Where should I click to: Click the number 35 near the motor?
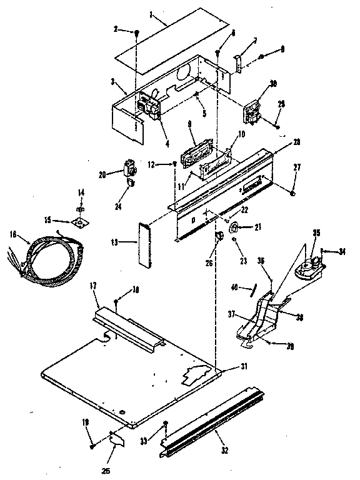[x=316, y=233]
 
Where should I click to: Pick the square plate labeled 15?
[x=80, y=223]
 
